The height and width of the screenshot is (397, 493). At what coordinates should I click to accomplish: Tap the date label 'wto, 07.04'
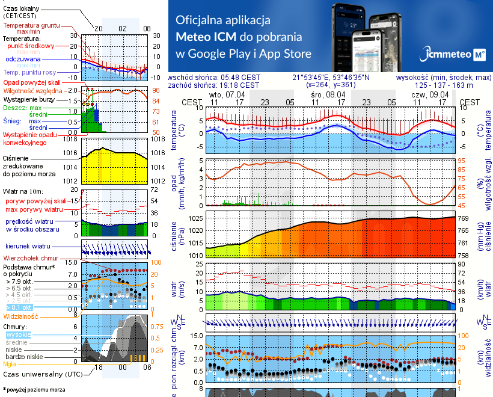pyautogui.click(x=227, y=95)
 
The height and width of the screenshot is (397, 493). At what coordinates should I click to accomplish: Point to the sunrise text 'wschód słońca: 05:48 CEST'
pyautogui.click(x=215, y=78)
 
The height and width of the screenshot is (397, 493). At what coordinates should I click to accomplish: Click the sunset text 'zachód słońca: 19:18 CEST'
pyautogui.click(x=215, y=86)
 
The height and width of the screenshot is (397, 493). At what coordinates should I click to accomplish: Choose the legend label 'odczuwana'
pyautogui.click(x=23, y=60)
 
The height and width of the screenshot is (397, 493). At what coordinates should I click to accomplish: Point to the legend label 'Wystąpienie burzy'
pyautogui.click(x=31, y=97)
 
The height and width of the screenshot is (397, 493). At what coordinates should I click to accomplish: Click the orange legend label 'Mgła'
pyautogui.click(x=10, y=364)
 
